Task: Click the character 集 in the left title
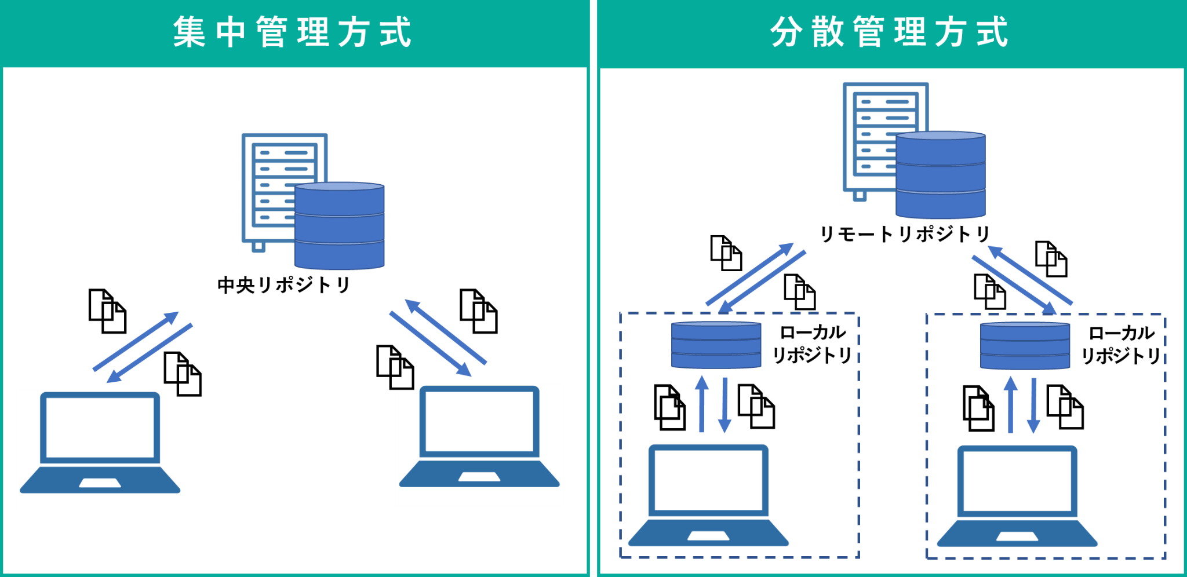click(189, 32)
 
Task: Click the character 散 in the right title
click(828, 32)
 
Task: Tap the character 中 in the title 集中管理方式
click(231, 32)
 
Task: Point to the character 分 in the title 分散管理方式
click(787, 32)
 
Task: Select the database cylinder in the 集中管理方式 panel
click(340, 226)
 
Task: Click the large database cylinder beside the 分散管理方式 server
click(940, 175)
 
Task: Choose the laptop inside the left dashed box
click(708, 495)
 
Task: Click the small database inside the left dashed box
click(716, 345)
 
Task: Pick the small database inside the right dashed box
click(1025, 346)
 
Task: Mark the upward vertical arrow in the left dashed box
click(702, 404)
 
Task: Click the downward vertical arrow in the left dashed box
click(724, 406)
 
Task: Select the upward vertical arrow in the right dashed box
click(1011, 404)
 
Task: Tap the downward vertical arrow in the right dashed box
click(1033, 406)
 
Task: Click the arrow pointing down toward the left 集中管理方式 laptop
click(150, 353)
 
